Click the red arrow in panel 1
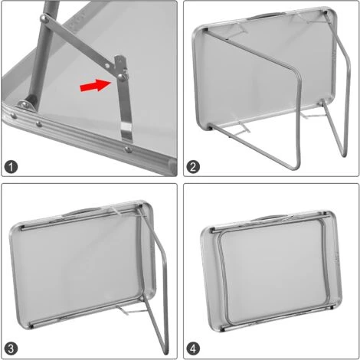point(94,87)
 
